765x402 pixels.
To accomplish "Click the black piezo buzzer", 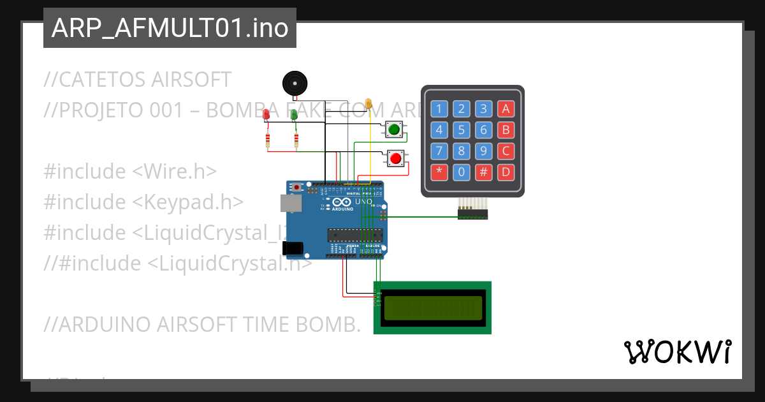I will click(x=295, y=83).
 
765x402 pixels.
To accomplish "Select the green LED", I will click(x=294, y=114).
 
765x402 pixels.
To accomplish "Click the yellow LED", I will click(x=368, y=103).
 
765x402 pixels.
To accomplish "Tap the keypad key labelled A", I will click(x=506, y=108).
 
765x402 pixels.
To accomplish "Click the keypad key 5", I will click(x=462, y=130).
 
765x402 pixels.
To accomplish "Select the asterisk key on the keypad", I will click(x=439, y=172).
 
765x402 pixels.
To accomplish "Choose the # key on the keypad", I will click(x=484, y=172).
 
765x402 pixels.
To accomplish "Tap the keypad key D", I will click(x=506, y=172).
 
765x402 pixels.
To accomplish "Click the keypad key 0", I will click(x=462, y=172).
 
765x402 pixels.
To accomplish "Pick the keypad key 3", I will click(x=484, y=108).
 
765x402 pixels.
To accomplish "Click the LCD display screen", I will click(x=432, y=308).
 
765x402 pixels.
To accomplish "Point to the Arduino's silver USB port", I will click(x=290, y=202).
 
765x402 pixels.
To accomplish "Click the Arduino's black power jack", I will click(x=293, y=248).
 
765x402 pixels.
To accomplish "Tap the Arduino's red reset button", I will click(x=296, y=187).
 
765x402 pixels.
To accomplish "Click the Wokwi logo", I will click(x=677, y=352).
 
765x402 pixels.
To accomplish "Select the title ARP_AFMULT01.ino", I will click(x=170, y=28).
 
